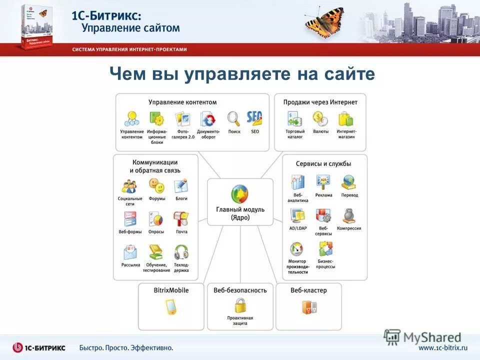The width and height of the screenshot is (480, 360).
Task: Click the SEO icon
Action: click(x=255, y=118)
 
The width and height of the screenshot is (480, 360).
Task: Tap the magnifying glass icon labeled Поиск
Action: click(x=233, y=118)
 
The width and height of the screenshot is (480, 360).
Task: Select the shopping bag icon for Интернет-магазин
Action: click(x=345, y=119)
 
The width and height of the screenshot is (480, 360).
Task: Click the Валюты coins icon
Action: click(x=320, y=119)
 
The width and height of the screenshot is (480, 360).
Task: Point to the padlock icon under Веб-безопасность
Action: click(x=240, y=305)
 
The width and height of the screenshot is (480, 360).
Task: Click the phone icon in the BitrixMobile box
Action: click(x=171, y=306)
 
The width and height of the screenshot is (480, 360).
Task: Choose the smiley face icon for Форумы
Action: click(x=156, y=186)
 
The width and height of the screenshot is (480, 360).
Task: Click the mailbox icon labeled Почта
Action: click(x=181, y=219)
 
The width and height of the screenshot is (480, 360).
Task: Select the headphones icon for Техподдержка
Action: click(x=181, y=252)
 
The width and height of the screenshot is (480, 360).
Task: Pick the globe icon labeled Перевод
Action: click(x=348, y=182)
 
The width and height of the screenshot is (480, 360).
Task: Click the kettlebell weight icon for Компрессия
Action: click(x=349, y=216)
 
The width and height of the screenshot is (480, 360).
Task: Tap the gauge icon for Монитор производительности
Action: click(x=297, y=249)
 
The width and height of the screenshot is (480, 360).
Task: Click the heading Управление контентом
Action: click(x=182, y=102)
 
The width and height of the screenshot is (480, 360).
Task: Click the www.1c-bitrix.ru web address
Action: click(x=442, y=347)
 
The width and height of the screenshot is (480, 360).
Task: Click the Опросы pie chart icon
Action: click(x=156, y=219)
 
